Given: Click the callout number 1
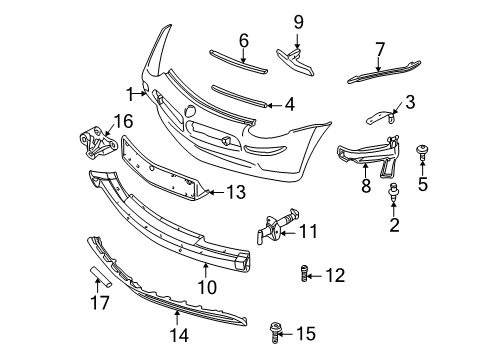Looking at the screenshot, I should click(x=129, y=94).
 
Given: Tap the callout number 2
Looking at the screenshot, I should click(x=394, y=226).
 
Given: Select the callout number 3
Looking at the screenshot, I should click(x=411, y=103).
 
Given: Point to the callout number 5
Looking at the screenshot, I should click(x=422, y=184).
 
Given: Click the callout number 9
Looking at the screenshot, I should click(x=297, y=21).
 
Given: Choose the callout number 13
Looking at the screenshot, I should click(x=236, y=191).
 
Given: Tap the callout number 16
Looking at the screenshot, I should click(x=124, y=120).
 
